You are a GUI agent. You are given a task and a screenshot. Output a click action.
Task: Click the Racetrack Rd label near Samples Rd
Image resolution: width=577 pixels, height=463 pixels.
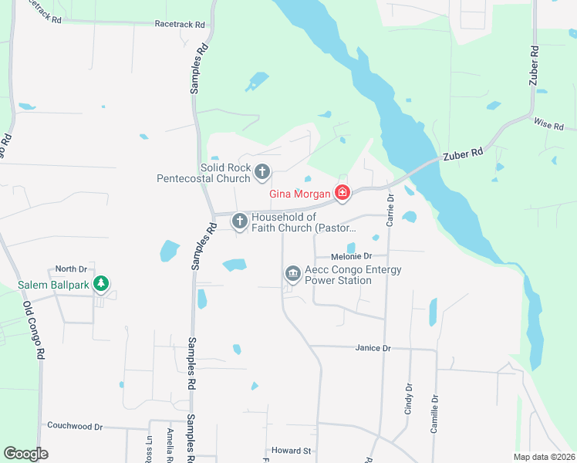coord(180,25)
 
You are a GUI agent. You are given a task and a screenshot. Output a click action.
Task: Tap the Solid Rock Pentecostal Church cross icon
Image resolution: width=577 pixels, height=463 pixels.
coord(262,172)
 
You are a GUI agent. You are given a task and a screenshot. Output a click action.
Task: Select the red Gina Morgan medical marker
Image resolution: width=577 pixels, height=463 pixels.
coord(342,193)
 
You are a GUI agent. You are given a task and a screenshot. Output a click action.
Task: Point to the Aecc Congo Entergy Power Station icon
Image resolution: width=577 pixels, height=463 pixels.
coord(292,273)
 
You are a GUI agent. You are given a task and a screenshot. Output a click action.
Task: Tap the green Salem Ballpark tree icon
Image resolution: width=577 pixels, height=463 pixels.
coord(100,285)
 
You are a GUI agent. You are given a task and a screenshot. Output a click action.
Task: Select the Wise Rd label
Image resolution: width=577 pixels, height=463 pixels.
coord(548,125)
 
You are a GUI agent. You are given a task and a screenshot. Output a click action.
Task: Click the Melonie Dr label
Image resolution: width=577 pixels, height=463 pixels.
coord(351,256)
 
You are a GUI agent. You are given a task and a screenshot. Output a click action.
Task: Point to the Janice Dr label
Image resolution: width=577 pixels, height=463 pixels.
coord(373,348)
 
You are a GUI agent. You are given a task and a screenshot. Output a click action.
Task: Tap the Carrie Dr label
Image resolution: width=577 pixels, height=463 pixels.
coord(390,210)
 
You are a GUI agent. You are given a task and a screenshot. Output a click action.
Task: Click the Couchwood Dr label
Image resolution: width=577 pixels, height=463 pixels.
coord(75,426)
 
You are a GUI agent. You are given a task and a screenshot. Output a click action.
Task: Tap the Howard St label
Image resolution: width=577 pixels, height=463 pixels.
coord(291,451)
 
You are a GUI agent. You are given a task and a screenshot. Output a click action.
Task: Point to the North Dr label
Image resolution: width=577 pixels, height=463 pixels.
coord(70,269)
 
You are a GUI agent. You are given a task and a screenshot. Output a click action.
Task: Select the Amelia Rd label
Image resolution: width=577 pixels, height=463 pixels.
coord(169,445)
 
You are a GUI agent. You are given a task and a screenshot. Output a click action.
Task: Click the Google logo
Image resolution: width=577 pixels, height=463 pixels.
coord(25,454)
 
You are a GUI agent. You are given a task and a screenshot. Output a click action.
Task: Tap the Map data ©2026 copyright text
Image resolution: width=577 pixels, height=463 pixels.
coord(544,457)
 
